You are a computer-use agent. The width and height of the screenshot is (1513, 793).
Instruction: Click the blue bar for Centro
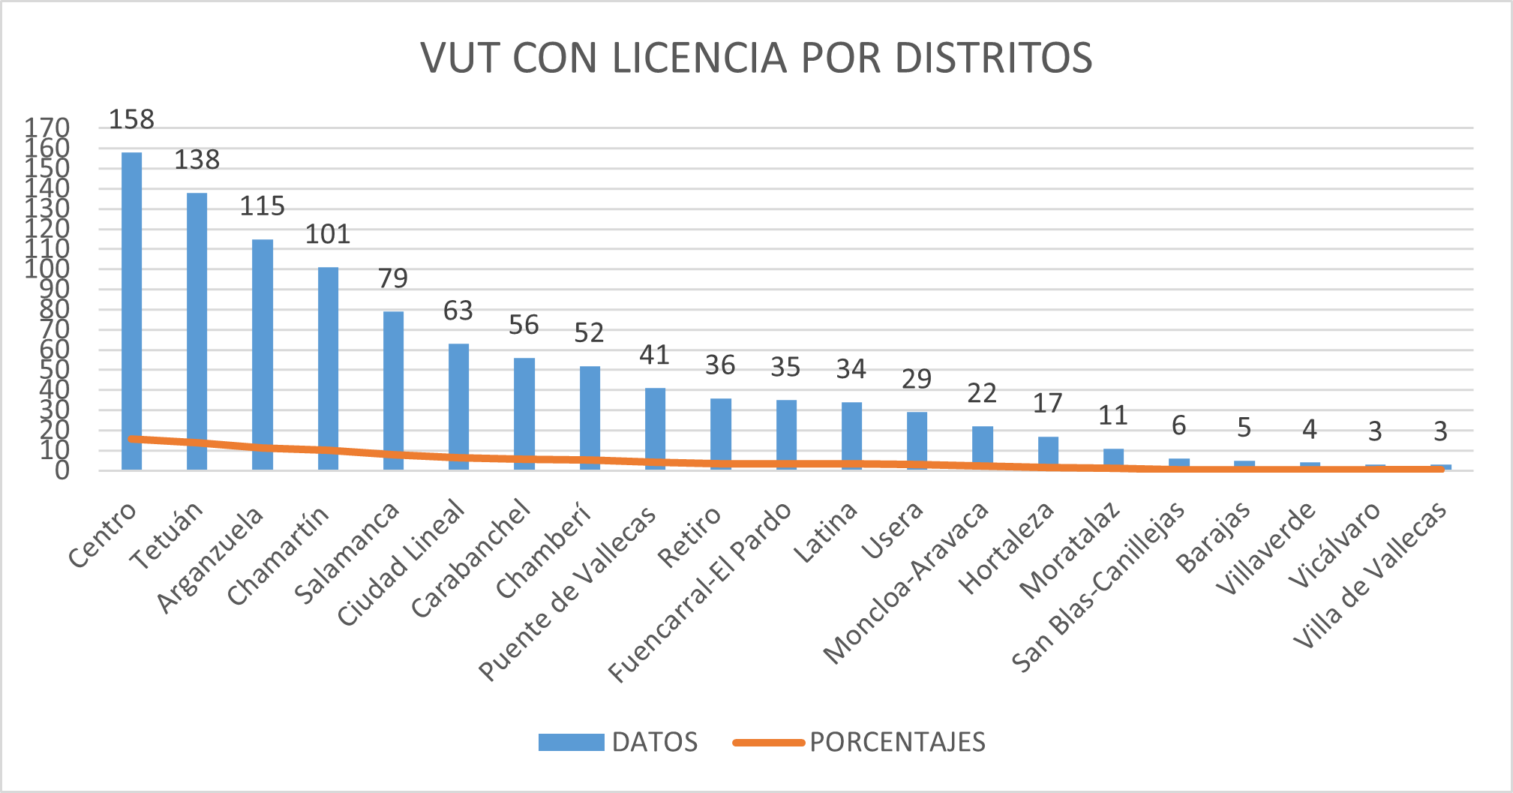click(131, 300)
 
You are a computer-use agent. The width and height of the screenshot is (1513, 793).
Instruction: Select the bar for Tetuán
click(197, 323)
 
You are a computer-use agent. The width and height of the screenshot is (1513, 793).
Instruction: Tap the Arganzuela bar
click(263, 345)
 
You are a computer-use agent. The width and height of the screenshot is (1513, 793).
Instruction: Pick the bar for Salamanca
click(393, 383)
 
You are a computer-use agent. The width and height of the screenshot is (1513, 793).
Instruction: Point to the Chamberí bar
click(590, 413)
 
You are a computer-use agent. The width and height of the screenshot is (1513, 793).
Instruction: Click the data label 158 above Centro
click(131, 119)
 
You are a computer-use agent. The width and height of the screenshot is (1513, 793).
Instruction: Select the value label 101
click(328, 235)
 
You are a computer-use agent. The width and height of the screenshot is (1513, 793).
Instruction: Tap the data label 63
click(458, 311)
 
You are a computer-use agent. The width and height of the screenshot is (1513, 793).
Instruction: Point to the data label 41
click(655, 355)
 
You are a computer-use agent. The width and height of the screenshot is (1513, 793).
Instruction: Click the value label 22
click(982, 393)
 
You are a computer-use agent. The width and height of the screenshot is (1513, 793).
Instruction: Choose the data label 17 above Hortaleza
click(1048, 404)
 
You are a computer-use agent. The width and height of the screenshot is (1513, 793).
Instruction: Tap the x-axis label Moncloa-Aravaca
click(907, 583)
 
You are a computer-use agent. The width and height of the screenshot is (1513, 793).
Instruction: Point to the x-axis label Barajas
click(1214, 537)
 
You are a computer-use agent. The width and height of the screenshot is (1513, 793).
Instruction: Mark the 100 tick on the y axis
click(47, 269)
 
